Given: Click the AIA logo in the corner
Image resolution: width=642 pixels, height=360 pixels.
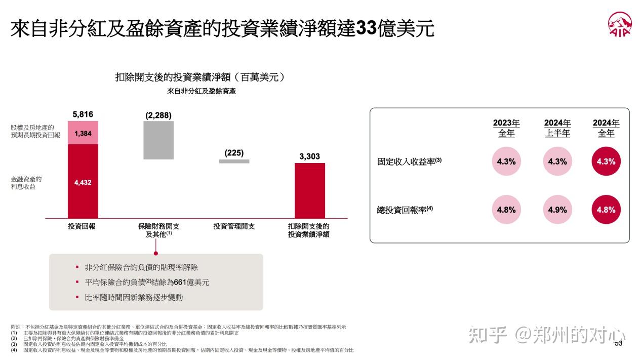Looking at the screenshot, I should click(620, 25).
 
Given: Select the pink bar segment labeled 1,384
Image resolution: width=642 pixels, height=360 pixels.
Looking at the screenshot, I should click(83, 133).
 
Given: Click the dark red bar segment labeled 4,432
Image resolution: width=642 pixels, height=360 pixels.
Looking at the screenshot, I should click(83, 181).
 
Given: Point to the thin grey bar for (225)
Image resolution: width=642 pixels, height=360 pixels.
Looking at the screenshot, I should click(234, 162).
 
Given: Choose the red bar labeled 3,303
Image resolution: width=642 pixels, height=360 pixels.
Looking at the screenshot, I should click(309, 190).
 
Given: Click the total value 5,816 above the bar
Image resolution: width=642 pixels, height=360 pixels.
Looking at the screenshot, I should click(83, 114).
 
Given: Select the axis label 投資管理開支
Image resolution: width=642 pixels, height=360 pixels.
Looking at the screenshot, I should click(234, 226).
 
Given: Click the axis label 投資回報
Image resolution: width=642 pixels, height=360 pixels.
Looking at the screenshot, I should click(82, 226).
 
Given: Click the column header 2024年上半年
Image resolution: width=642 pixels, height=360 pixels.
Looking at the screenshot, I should click(557, 128).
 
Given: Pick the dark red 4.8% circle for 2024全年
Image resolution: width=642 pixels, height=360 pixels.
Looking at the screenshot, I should click(606, 209).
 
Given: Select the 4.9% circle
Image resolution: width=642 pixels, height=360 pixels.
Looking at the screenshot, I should click(557, 209).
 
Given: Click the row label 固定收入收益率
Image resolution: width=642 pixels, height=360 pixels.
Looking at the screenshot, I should click(409, 162).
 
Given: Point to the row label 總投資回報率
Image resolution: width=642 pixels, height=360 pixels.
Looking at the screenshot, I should click(405, 210).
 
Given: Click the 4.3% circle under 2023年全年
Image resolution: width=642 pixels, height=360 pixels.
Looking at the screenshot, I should click(506, 162).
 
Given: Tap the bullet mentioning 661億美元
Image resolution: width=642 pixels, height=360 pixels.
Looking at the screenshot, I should click(147, 282).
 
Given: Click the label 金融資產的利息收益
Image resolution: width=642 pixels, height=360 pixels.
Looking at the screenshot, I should click(26, 183).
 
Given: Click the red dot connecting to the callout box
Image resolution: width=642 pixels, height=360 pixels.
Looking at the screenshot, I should click(156, 253).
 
